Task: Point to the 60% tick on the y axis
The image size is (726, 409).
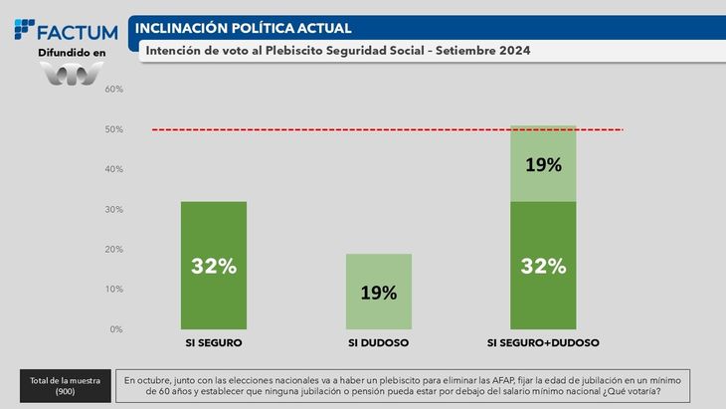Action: coord(113,90)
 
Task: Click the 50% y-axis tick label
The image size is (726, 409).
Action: coord(113,129)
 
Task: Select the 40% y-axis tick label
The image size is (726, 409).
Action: coord(113,169)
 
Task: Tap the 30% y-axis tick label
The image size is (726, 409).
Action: coord(113,209)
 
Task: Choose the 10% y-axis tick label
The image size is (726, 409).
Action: coord(113,289)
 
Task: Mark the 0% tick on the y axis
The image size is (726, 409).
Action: coord(115,328)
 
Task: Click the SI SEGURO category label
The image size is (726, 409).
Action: coord(214,343)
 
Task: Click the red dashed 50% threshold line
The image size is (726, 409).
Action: coord(328,129)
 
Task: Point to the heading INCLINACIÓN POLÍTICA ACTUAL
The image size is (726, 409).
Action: coord(243,28)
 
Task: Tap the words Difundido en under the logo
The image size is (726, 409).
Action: coord(71,52)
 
